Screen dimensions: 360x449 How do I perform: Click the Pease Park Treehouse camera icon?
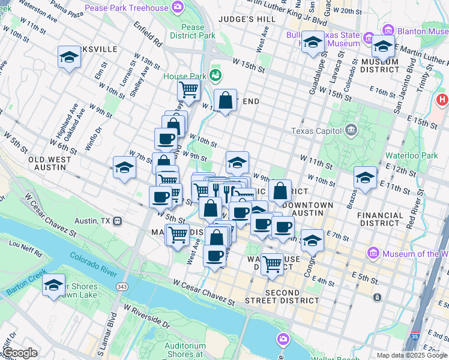click(178, 7)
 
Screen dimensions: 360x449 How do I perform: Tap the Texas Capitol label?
click(315, 131)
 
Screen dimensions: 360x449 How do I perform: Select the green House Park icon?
click(215, 76)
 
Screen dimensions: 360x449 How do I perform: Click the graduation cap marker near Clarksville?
click(70, 58)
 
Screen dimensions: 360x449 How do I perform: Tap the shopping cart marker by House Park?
click(188, 91)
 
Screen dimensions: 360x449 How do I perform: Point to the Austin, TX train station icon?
click(117, 221)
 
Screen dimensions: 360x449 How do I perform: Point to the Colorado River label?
click(93, 265)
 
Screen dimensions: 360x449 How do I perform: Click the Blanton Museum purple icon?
click(387, 30)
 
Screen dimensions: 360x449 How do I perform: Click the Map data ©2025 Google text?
click(411, 355)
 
